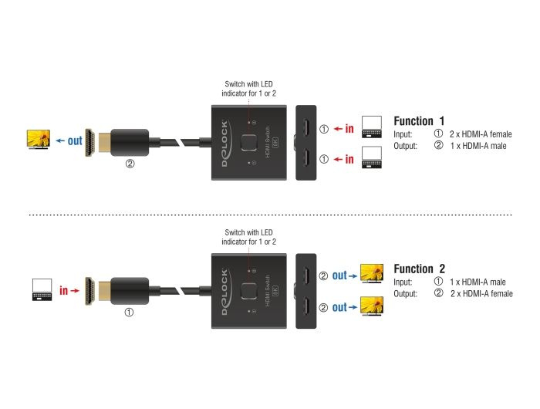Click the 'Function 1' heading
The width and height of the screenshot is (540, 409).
419,121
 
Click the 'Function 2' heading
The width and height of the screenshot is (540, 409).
419,269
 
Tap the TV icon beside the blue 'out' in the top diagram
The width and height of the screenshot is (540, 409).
38,140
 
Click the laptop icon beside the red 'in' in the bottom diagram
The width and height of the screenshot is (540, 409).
41,291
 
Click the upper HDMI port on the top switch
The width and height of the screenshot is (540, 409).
306,128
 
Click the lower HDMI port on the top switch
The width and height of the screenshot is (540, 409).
306,159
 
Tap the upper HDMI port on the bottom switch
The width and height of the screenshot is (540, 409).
306,276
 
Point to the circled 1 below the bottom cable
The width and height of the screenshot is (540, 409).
130,314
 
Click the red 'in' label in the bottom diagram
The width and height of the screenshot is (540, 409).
67,292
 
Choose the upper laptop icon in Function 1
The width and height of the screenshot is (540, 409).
372,125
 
